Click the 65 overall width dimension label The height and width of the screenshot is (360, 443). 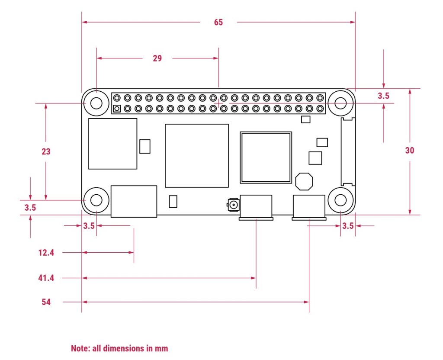point(218,22)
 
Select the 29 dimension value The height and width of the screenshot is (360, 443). point(157,58)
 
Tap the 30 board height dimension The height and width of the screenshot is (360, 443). point(409,151)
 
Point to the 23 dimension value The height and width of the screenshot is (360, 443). point(46,151)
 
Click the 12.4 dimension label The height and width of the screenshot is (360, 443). point(46,252)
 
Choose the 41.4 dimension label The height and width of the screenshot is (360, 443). point(46,278)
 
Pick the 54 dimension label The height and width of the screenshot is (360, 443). point(46,302)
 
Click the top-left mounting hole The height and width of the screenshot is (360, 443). point(96,103)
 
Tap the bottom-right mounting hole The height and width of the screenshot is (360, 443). point(340,200)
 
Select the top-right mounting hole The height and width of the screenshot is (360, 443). point(340,103)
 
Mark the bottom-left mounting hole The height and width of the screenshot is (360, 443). point(96,200)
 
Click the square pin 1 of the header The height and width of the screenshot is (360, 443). point(117,108)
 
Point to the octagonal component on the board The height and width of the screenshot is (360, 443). point(304,181)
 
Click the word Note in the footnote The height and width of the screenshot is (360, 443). point(80,348)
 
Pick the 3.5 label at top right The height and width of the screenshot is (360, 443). point(383,96)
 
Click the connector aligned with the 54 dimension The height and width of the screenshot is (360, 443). point(309,207)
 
